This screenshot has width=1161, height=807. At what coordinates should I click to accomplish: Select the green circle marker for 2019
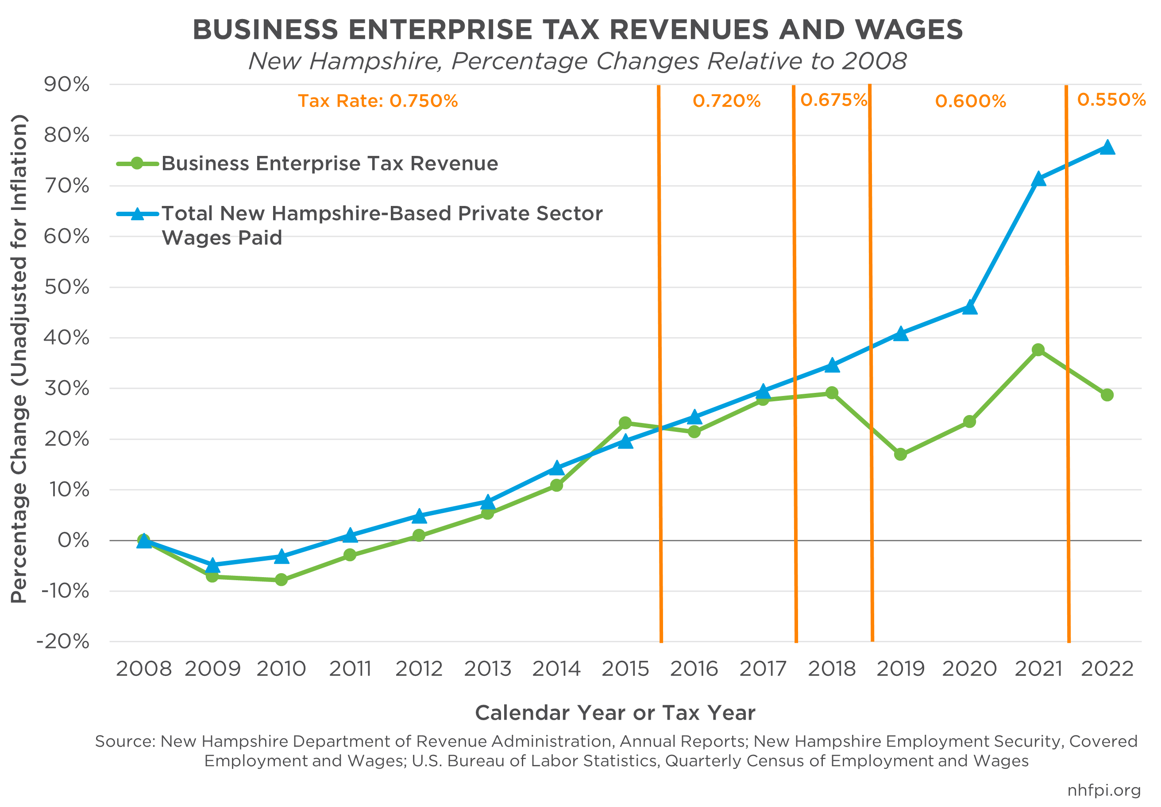click(900, 454)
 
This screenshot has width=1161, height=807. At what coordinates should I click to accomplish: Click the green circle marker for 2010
click(282, 579)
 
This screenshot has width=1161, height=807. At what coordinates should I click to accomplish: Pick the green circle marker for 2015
click(625, 423)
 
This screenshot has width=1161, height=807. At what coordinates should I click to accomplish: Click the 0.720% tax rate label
click(726, 101)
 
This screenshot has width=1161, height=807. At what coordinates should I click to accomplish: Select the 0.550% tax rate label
click(1111, 100)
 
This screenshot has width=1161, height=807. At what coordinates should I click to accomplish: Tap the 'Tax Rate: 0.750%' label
click(378, 101)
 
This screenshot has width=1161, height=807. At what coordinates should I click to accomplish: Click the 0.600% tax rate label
click(971, 101)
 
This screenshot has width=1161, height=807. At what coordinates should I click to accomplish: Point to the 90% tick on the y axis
click(67, 85)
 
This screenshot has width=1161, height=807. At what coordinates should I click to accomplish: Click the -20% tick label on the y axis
click(64, 642)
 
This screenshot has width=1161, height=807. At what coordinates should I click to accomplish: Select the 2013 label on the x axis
click(487, 669)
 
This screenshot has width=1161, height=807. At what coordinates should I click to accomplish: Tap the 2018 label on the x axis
click(832, 669)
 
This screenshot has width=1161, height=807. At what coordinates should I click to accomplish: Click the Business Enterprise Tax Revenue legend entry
click(329, 163)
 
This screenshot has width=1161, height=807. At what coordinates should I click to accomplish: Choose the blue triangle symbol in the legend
click(137, 214)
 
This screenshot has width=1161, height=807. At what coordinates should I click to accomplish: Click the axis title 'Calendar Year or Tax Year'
click(615, 713)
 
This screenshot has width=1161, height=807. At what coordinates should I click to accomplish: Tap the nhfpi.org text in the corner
click(1103, 790)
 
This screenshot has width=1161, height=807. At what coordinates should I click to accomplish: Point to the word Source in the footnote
click(125, 741)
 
